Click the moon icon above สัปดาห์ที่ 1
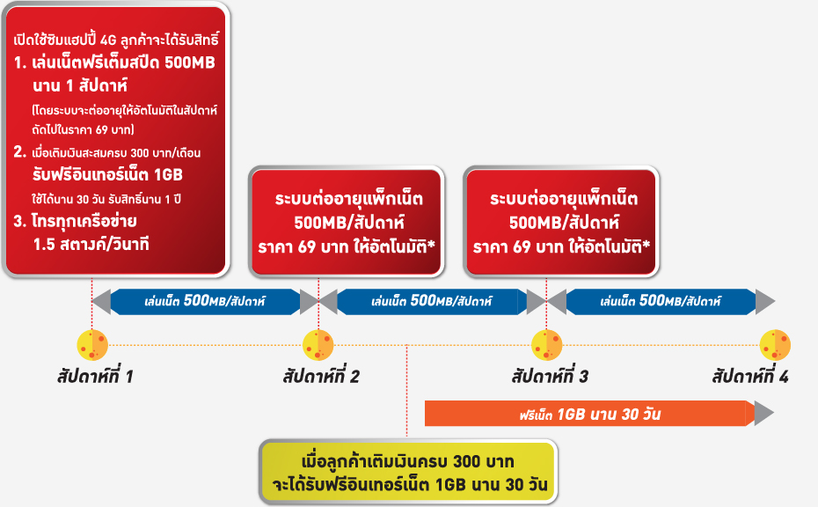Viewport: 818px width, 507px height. pos(92,345)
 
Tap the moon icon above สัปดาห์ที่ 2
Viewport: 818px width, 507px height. pos(318,345)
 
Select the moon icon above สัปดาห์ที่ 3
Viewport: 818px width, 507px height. pos(547,345)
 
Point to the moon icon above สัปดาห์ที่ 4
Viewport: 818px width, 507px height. pos(775,345)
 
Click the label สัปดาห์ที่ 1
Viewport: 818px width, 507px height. pos(95,376)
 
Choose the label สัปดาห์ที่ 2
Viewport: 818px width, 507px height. pos(321,376)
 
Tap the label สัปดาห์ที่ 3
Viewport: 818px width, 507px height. pos(550,376)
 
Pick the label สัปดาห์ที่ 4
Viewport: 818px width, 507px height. pos(750,376)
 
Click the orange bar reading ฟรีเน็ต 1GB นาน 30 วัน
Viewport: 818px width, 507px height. pos(589,414)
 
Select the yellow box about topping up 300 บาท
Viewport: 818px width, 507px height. pos(408,472)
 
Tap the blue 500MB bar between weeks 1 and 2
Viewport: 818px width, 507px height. pos(205,301)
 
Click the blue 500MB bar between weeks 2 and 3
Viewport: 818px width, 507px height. pos(432,301)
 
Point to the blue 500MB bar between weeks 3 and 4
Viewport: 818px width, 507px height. pos(661,301)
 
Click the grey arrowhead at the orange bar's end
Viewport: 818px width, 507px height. pos(763,414)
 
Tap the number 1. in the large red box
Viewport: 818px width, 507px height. pos(20,63)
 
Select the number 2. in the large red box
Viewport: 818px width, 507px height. pos(20,152)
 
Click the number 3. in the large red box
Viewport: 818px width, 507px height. pos(20,222)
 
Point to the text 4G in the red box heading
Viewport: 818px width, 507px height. pos(108,40)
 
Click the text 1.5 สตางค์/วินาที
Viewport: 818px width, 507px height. pos(91,244)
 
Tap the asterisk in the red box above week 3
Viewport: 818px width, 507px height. pos(646,244)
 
